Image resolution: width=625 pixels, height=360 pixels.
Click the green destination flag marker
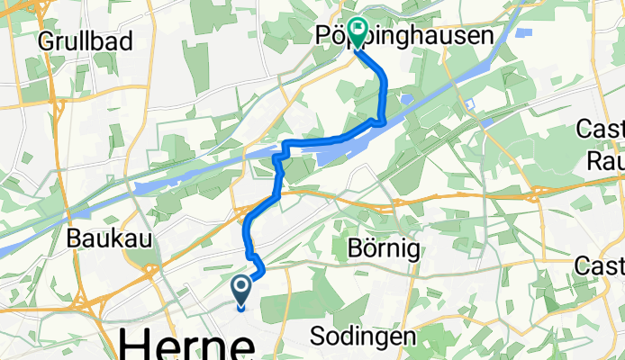click(x=358, y=33)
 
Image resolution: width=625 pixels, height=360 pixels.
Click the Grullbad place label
click(x=86, y=40)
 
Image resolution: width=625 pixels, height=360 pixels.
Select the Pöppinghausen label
click(x=405, y=36)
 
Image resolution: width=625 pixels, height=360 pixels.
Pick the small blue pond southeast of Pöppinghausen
click(x=407, y=101)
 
